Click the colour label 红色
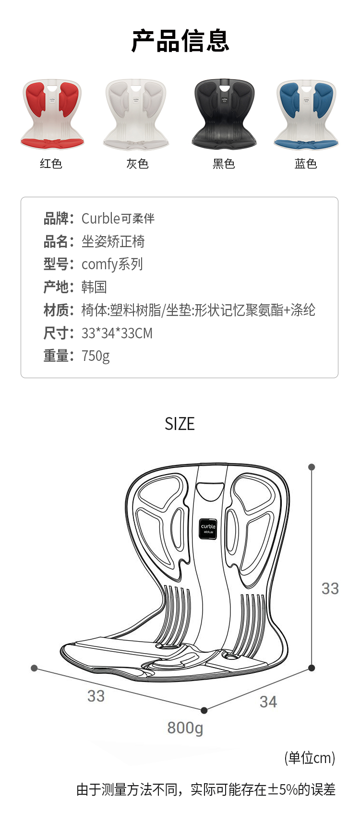51,164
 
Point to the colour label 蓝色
306,164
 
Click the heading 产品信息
180,41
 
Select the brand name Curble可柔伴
118,218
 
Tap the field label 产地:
59,287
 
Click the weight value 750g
96,356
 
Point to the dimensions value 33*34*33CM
117,333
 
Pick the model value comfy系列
112,264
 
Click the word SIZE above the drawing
180,424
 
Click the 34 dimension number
268,702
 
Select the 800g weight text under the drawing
185,728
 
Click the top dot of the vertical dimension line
312,467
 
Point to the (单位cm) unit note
310,758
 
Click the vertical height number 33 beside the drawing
330,589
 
